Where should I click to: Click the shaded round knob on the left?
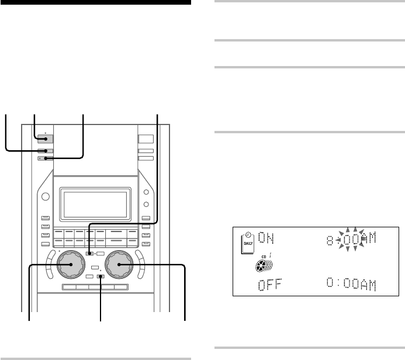click(x=71, y=264)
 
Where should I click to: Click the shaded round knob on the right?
click(x=119, y=264)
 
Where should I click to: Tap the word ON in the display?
click(x=266, y=238)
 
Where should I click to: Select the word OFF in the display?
click(x=270, y=285)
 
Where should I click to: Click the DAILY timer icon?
click(x=248, y=243)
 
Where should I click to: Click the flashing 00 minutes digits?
click(x=351, y=240)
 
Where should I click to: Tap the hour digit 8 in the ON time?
click(x=330, y=241)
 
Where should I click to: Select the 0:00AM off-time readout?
click(x=351, y=284)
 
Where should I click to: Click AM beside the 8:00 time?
click(x=369, y=238)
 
